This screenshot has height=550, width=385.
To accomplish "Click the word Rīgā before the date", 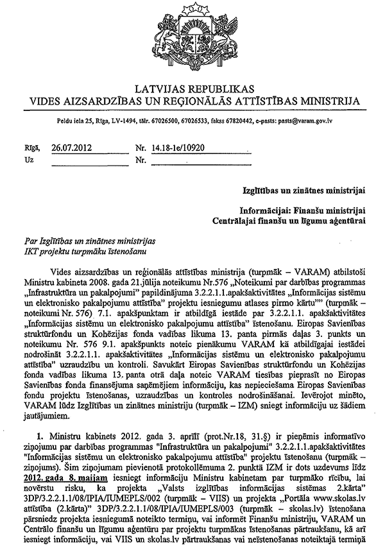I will [30, 147].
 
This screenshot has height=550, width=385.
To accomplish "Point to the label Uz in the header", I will [28, 159].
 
